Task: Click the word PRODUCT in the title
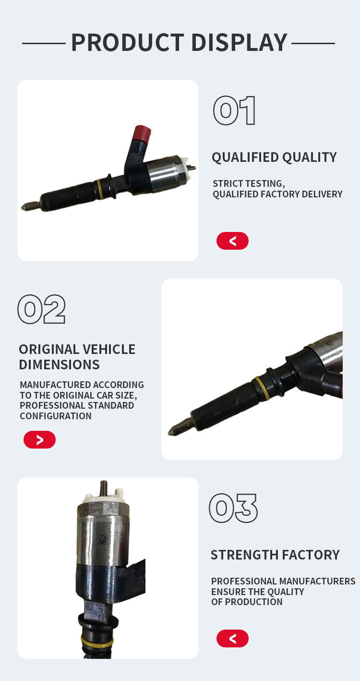tap(128, 42)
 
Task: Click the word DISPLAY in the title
tap(240, 42)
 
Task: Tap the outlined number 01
tap(234, 110)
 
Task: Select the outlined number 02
tap(41, 309)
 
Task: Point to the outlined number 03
tap(233, 508)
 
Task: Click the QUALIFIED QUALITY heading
tap(274, 157)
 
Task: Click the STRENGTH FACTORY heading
tap(275, 555)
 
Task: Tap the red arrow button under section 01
tap(232, 241)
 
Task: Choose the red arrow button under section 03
tap(232, 638)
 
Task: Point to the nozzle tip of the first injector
tap(23, 208)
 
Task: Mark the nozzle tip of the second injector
tap(170, 432)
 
